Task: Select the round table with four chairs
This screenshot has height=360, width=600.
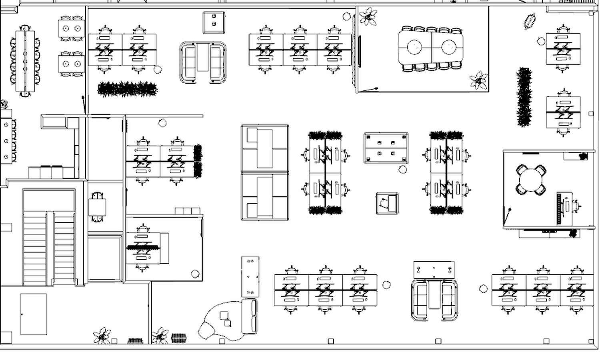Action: click(531, 180)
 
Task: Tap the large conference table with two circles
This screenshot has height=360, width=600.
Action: click(431, 48)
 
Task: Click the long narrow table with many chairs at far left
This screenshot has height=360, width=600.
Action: click(25, 61)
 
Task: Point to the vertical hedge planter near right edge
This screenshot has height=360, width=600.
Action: click(524, 97)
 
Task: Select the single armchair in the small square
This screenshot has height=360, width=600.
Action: click(387, 203)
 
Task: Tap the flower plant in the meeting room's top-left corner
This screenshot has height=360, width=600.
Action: click(368, 17)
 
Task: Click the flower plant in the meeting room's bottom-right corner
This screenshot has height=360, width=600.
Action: click(479, 80)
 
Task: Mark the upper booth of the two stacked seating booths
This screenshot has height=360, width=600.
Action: click(265, 148)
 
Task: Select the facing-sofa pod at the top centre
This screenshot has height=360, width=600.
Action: click(203, 62)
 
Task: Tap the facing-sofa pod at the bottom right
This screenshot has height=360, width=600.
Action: click(434, 300)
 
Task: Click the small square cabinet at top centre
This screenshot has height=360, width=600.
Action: click(214, 22)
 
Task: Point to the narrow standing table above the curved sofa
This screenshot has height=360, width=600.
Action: click(250, 276)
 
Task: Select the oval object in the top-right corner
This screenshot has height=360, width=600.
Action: click(530, 21)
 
